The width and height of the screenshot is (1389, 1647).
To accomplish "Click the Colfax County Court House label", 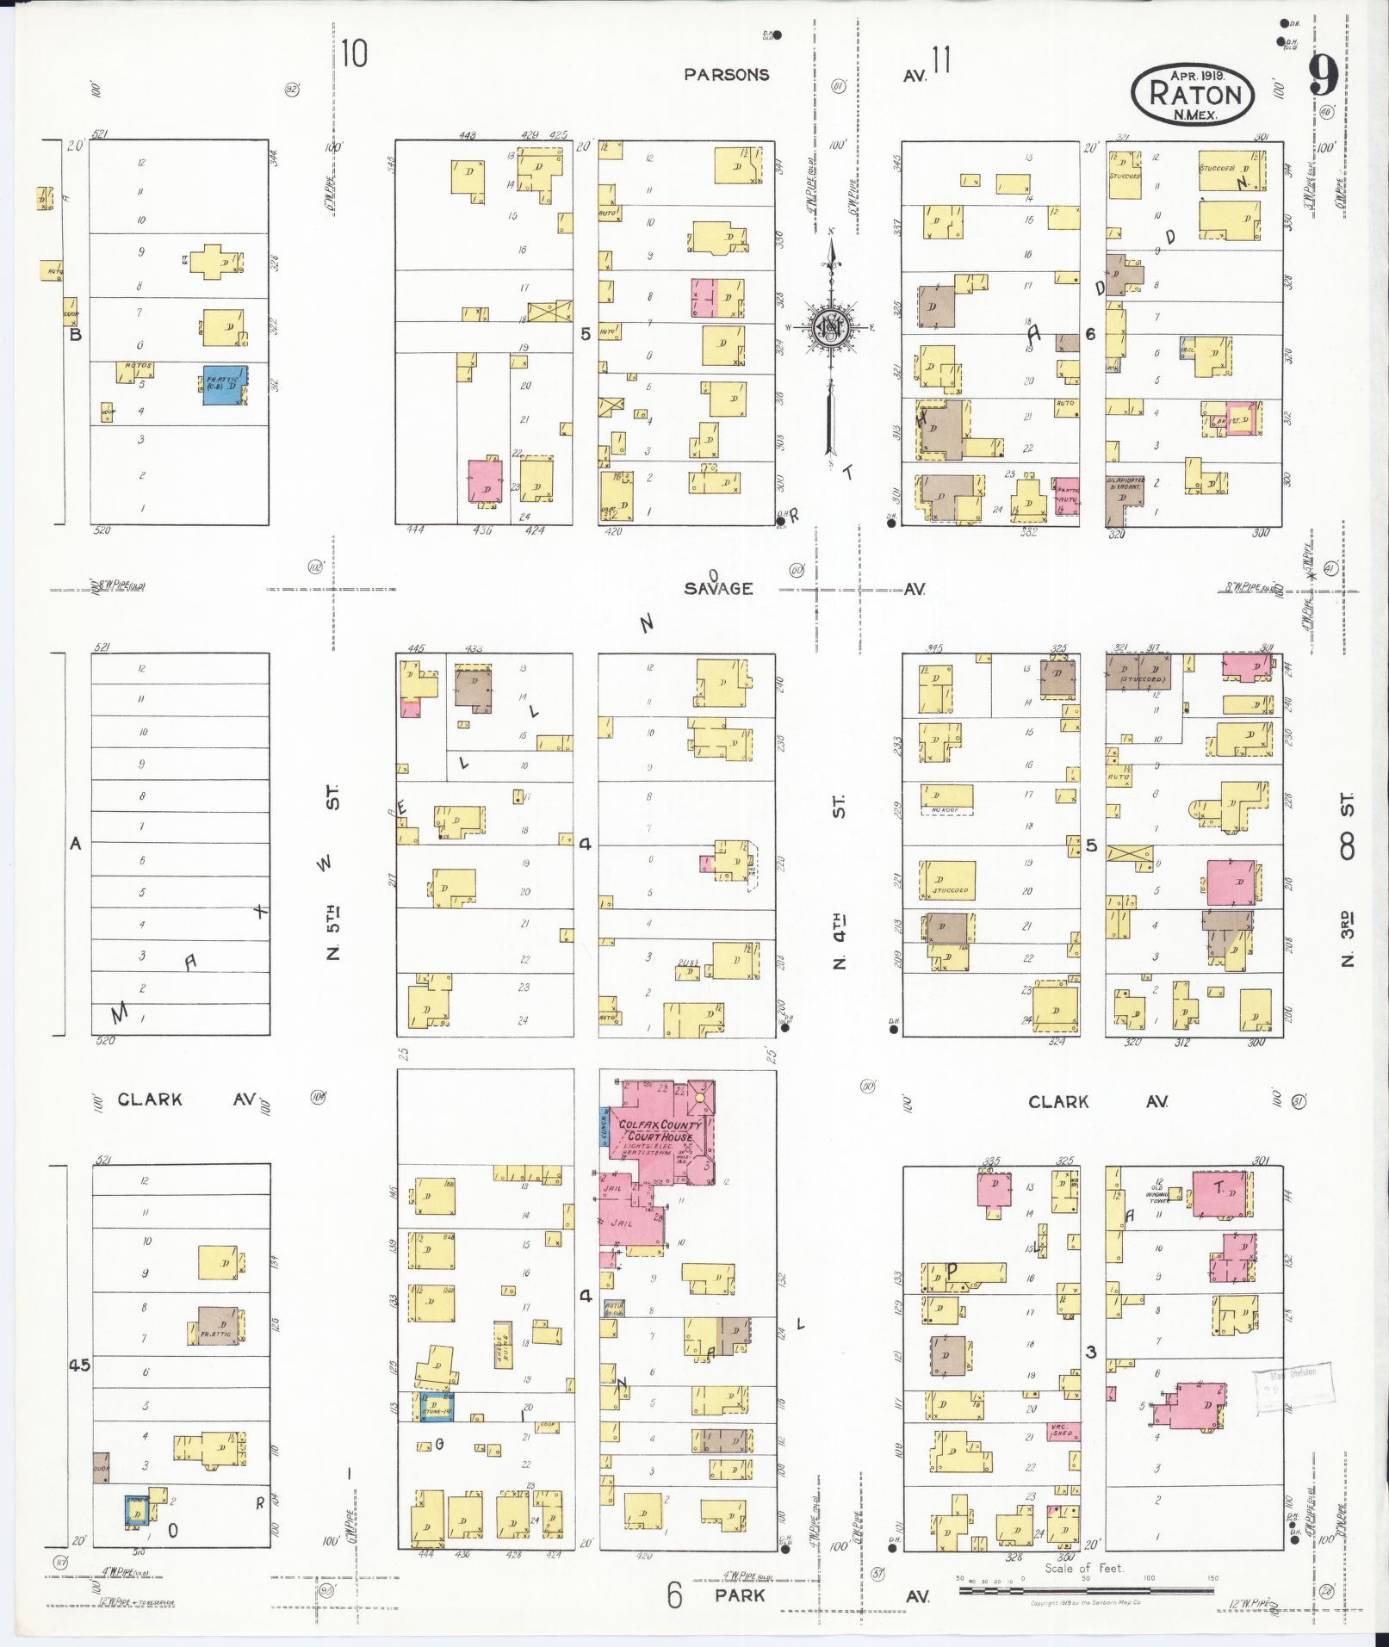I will [658, 1130].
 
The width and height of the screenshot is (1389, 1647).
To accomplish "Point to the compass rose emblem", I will [829, 328].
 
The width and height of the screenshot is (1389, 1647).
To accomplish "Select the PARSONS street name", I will [726, 75].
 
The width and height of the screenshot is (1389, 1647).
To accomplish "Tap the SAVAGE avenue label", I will [718, 589].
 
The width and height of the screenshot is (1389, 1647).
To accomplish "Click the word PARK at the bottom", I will [740, 1595].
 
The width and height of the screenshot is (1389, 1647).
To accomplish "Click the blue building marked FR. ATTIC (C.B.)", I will [225, 385].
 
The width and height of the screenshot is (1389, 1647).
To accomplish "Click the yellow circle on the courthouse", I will [700, 1099].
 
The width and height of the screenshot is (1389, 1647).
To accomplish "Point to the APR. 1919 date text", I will [1198, 75].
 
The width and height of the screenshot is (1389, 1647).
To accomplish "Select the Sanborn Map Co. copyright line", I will [1085, 1603].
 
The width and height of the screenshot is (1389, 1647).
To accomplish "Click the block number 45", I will [80, 1365].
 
